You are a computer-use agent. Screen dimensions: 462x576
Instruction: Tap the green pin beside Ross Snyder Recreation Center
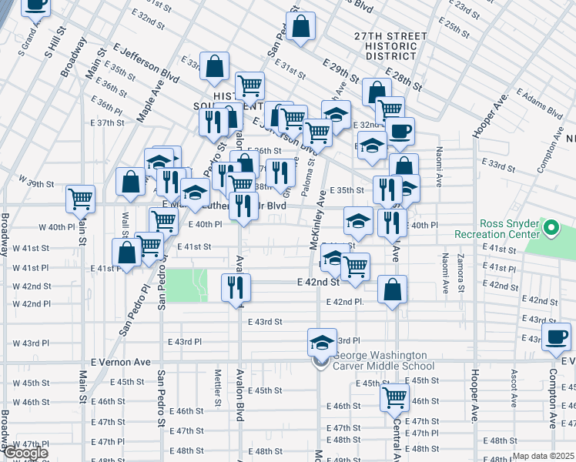tap(551, 228)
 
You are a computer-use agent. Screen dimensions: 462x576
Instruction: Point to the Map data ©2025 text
tap(543, 456)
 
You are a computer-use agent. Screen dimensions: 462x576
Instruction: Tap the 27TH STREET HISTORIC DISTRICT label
tap(390, 46)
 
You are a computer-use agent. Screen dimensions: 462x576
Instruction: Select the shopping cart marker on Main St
tap(80, 198)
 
